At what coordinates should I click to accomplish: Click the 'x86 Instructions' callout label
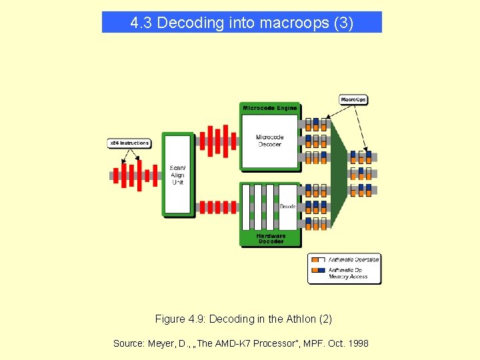tap(129, 143)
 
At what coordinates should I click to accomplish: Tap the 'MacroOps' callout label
tap(353, 100)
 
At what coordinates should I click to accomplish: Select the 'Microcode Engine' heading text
tap(270, 108)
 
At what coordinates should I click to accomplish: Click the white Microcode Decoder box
tap(269, 141)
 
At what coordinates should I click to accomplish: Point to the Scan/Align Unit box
tap(177, 174)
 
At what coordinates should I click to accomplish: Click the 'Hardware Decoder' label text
tap(270, 239)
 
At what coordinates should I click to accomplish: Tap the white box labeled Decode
tap(287, 206)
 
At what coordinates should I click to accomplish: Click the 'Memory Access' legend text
tap(348, 277)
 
